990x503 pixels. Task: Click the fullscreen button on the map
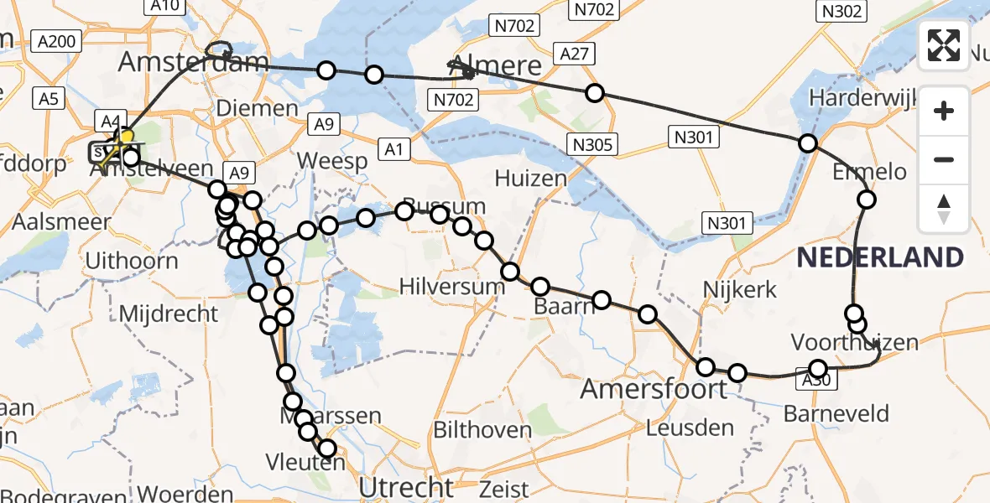pyautogui.click(x=944, y=45)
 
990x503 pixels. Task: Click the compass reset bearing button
pyautogui.click(x=944, y=209)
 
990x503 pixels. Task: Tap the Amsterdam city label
pyautogui.click(x=193, y=61)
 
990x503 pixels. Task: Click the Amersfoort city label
pyautogui.click(x=654, y=389)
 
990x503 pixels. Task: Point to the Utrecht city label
pyautogui.click(x=406, y=486)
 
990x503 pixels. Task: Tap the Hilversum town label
pyautogui.click(x=452, y=287)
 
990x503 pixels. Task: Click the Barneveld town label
pyautogui.click(x=836, y=413)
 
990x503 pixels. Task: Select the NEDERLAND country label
pyautogui.click(x=880, y=257)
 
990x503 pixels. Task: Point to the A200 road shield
pyautogui.click(x=56, y=40)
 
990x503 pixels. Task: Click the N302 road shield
pyautogui.click(x=840, y=10)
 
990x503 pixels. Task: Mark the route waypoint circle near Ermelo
pyautogui.click(x=867, y=200)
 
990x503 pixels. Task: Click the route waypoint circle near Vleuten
pyautogui.click(x=326, y=449)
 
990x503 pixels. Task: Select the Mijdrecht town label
pyautogui.click(x=169, y=314)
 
